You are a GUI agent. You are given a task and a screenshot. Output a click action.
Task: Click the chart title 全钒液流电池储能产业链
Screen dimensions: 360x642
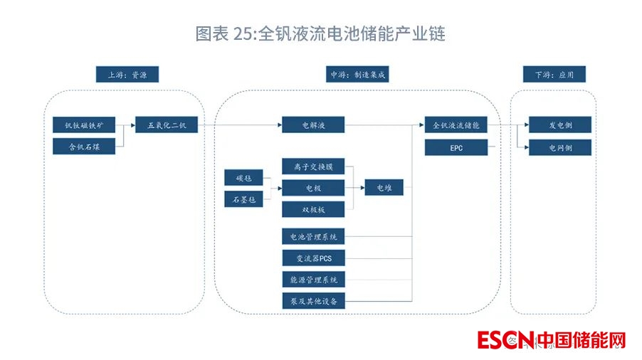click(320, 33)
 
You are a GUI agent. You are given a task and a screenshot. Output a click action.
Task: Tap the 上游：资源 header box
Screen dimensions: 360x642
click(127, 75)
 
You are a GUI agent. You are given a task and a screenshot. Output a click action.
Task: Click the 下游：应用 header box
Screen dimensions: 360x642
click(553, 75)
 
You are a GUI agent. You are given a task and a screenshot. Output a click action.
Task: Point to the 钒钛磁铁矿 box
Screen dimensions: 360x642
click(84, 125)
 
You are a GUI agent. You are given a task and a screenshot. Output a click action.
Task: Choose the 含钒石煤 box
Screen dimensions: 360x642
click(84, 147)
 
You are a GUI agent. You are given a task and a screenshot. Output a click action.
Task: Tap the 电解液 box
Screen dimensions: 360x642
click(313, 125)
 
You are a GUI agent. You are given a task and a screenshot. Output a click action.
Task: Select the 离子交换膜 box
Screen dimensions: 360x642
click(313, 167)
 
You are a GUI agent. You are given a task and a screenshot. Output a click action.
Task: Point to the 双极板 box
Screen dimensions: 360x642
click(313, 210)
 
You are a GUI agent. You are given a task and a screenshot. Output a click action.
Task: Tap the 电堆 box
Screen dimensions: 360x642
click(384, 188)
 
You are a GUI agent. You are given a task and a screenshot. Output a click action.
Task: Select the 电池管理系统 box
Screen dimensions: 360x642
click(313, 236)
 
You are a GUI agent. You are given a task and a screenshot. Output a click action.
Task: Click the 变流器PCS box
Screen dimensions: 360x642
click(313, 258)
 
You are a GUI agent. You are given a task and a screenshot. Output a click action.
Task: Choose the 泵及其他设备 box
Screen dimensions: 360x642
click(313, 301)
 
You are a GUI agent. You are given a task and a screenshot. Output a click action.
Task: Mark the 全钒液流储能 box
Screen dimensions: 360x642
click(456, 125)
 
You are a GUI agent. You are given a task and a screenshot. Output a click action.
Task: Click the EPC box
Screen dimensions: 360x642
click(456, 147)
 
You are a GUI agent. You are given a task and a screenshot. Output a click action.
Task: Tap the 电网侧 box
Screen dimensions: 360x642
click(560, 147)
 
